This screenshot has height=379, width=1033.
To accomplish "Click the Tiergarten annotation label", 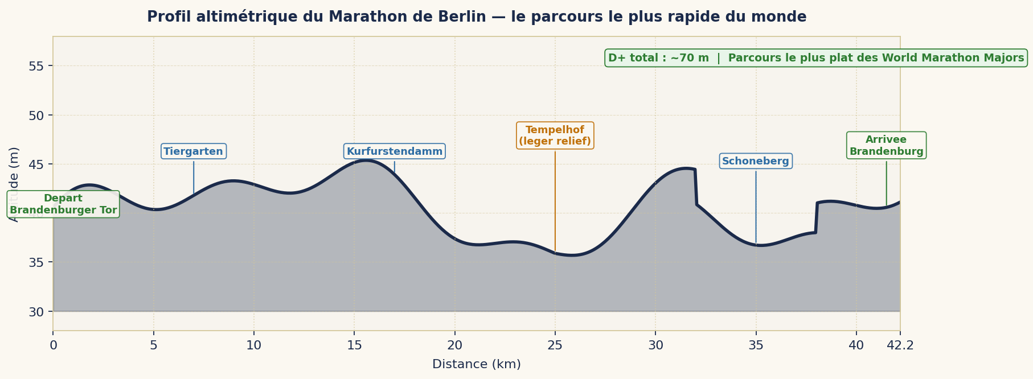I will [x=194, y=151].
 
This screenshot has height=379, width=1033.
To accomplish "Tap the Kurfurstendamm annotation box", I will [x=395, y=151].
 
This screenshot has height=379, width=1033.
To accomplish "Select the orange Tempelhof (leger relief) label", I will [x=555, y=135].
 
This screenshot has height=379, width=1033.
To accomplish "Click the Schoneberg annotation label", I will [x=756, y=161].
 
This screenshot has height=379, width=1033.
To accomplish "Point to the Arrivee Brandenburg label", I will [x=886, y=146].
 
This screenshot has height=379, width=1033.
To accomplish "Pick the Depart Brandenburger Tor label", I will [x=63, y=204].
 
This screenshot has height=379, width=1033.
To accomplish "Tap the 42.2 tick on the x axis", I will [x=900, y=345].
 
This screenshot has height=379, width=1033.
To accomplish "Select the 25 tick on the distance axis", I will [x=555, y=345].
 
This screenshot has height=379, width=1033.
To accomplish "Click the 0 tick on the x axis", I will [x=53, y=345].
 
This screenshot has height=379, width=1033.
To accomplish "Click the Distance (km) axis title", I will [x=477, y=364].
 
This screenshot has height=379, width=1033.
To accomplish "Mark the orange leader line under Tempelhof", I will [x=555, y=199].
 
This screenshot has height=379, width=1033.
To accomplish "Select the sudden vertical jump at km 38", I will [x=817, y=217].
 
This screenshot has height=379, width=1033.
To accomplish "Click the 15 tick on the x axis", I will [x=354, y=345].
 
